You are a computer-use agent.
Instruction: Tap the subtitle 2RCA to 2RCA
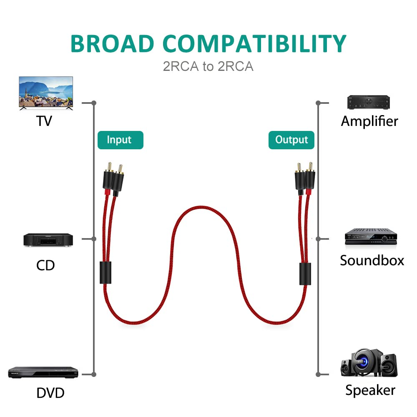click(x=208, y=66)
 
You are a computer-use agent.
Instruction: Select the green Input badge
click(x=120, y=140)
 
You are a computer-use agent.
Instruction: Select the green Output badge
click(x=291, y=140)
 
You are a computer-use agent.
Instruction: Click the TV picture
click(x=46, y=93)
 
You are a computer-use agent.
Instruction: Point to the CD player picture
click(x=48, y=240)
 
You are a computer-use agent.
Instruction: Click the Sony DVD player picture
click(x=43, y=372)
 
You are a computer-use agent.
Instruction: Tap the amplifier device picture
click(x=369, y=103)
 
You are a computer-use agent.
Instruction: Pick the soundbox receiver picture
click(x=369, y=236)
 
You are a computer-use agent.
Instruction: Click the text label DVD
click(x=50, y=393)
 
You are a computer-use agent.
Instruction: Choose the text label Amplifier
click(x=369, y=121)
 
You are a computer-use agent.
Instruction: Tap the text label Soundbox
click(x=372, y=261)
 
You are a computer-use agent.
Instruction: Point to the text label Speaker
click(x=370, y=390)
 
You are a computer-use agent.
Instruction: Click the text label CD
click(x=45, y=265)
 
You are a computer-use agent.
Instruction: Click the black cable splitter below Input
click(x=106, y=273)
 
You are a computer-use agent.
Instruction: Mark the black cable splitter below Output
click(x=305, y=274)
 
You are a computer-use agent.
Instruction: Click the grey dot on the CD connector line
click(x=94, y=239)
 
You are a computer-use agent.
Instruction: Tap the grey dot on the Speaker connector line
click(x=318, y=374)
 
